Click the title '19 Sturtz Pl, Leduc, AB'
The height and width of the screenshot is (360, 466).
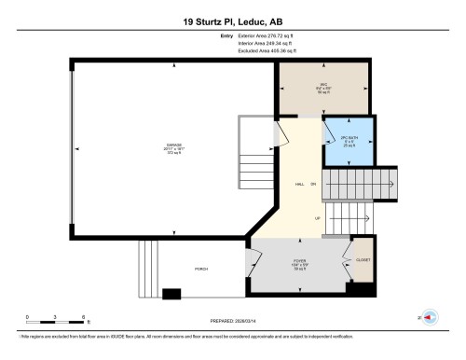click(232, 21)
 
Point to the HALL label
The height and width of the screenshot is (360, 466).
click(299, 184)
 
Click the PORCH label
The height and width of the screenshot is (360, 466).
click(200, 269)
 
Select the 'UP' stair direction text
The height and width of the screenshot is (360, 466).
click(318, 218)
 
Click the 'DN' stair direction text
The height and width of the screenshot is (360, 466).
click(313, 184)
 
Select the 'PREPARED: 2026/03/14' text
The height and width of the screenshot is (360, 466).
click(233, 320)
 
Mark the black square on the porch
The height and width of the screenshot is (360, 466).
click(171, 294)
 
